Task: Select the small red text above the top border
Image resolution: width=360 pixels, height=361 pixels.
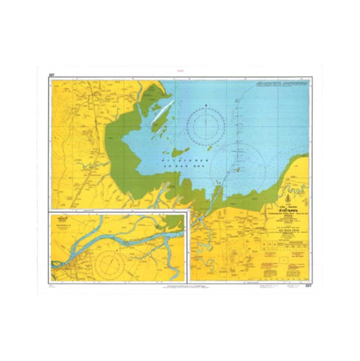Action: click(x=180, y=69)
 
